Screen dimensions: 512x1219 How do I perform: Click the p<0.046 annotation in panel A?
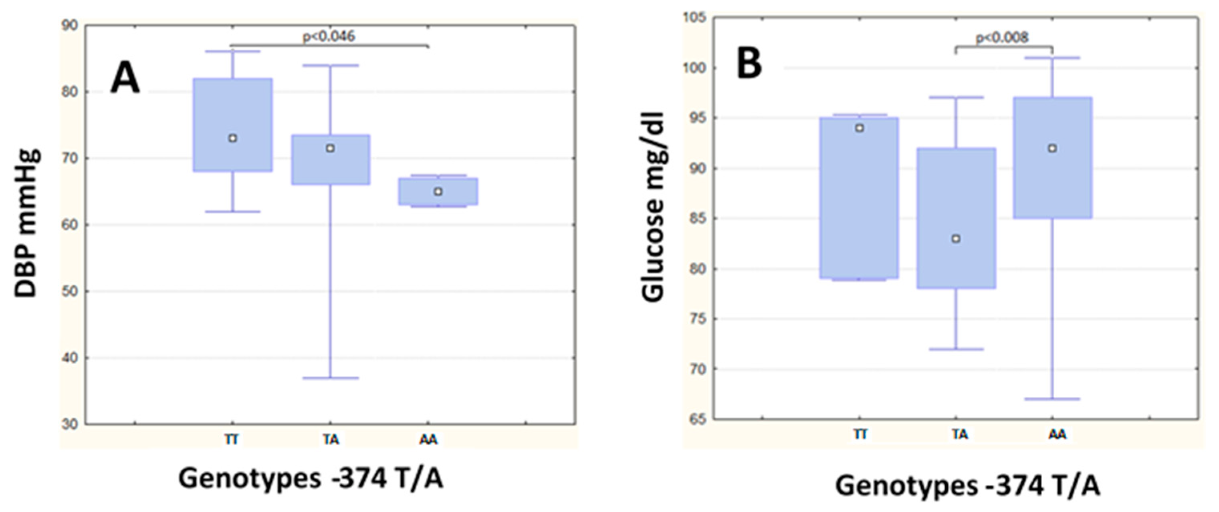pos(329,36)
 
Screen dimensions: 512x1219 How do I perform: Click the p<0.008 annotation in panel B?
pos(1002,37)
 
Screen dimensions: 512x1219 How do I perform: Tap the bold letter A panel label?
pos(125,79)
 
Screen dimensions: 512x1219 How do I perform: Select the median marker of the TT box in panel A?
pos(232,139)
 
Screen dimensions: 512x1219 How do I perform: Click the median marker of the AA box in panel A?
pos(438,191)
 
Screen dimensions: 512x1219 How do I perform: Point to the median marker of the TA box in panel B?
pos(956,239)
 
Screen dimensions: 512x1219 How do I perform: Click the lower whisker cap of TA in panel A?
pos(330,378)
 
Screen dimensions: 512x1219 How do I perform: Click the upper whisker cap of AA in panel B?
pos(1052,58)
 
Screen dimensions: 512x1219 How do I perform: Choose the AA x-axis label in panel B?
pos(1057,434)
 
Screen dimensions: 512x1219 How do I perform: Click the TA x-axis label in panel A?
pos(331,440)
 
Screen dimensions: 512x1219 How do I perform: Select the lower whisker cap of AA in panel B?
pos(1052,399)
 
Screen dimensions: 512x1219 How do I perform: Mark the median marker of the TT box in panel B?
pos(860,128)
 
